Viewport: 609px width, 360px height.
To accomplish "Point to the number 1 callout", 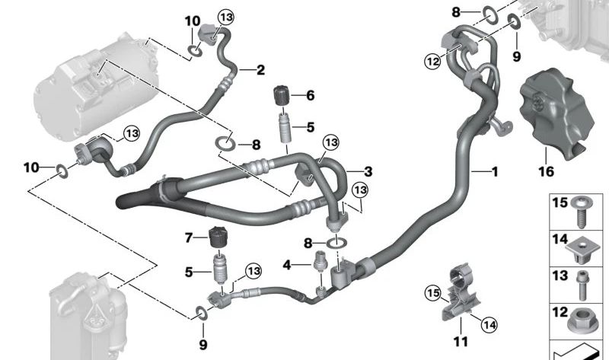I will point(494,173).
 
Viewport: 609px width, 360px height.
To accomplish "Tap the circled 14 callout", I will point(488,324).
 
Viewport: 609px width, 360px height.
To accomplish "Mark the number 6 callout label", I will point(310,96).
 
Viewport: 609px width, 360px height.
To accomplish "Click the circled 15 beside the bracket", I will point(432,292).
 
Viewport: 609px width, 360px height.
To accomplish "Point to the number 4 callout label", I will point(287,265).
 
